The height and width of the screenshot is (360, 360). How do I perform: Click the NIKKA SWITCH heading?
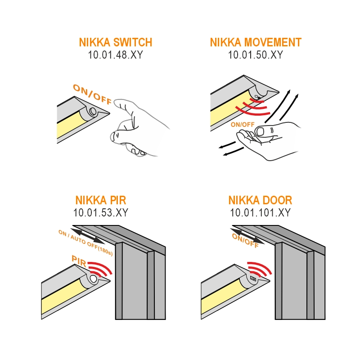pyautogui.click(x=116, y=43)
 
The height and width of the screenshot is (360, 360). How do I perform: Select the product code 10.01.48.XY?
pyautogui.click(x=116, y=55)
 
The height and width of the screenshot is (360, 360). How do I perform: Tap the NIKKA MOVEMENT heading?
pyautogui.click(x=256, y=43)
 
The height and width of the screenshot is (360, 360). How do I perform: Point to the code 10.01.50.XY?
pyautogui.click(x=256, y=55)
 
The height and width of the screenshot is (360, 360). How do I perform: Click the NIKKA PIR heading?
pyautogui.click(x=104, y=200)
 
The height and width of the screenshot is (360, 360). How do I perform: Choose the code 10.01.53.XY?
pyautogui.click(x=104, y=212)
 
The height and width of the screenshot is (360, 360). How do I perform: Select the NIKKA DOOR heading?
pyautogui.click(x=260, y=200)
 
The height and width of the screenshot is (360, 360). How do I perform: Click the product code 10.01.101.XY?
pyautogui.click(x=260, y=212)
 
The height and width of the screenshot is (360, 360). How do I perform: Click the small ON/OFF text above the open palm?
pyautogui.click(x=243, y=125)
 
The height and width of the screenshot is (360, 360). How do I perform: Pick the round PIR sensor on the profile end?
pyautogui.click(x=94, y=279)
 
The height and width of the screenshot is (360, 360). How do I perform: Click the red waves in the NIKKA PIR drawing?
pyautogui.click(x=101, y=269)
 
